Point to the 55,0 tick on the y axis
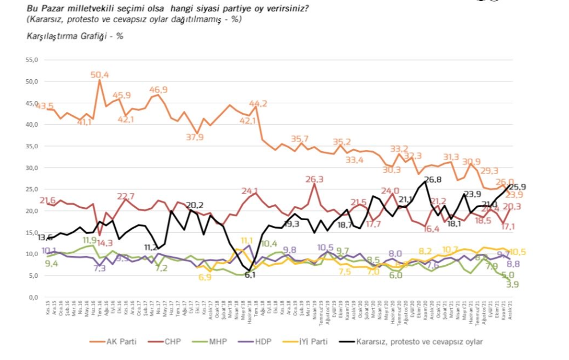(x=31, y=60)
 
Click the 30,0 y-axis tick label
(x=31, y=168)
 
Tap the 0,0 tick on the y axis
(x=33, y=297)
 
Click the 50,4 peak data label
(x=100, y=74)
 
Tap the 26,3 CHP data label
(x=314, y=179)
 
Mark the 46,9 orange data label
(x=159, y=90)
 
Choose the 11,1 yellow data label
(x=247, y=240)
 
